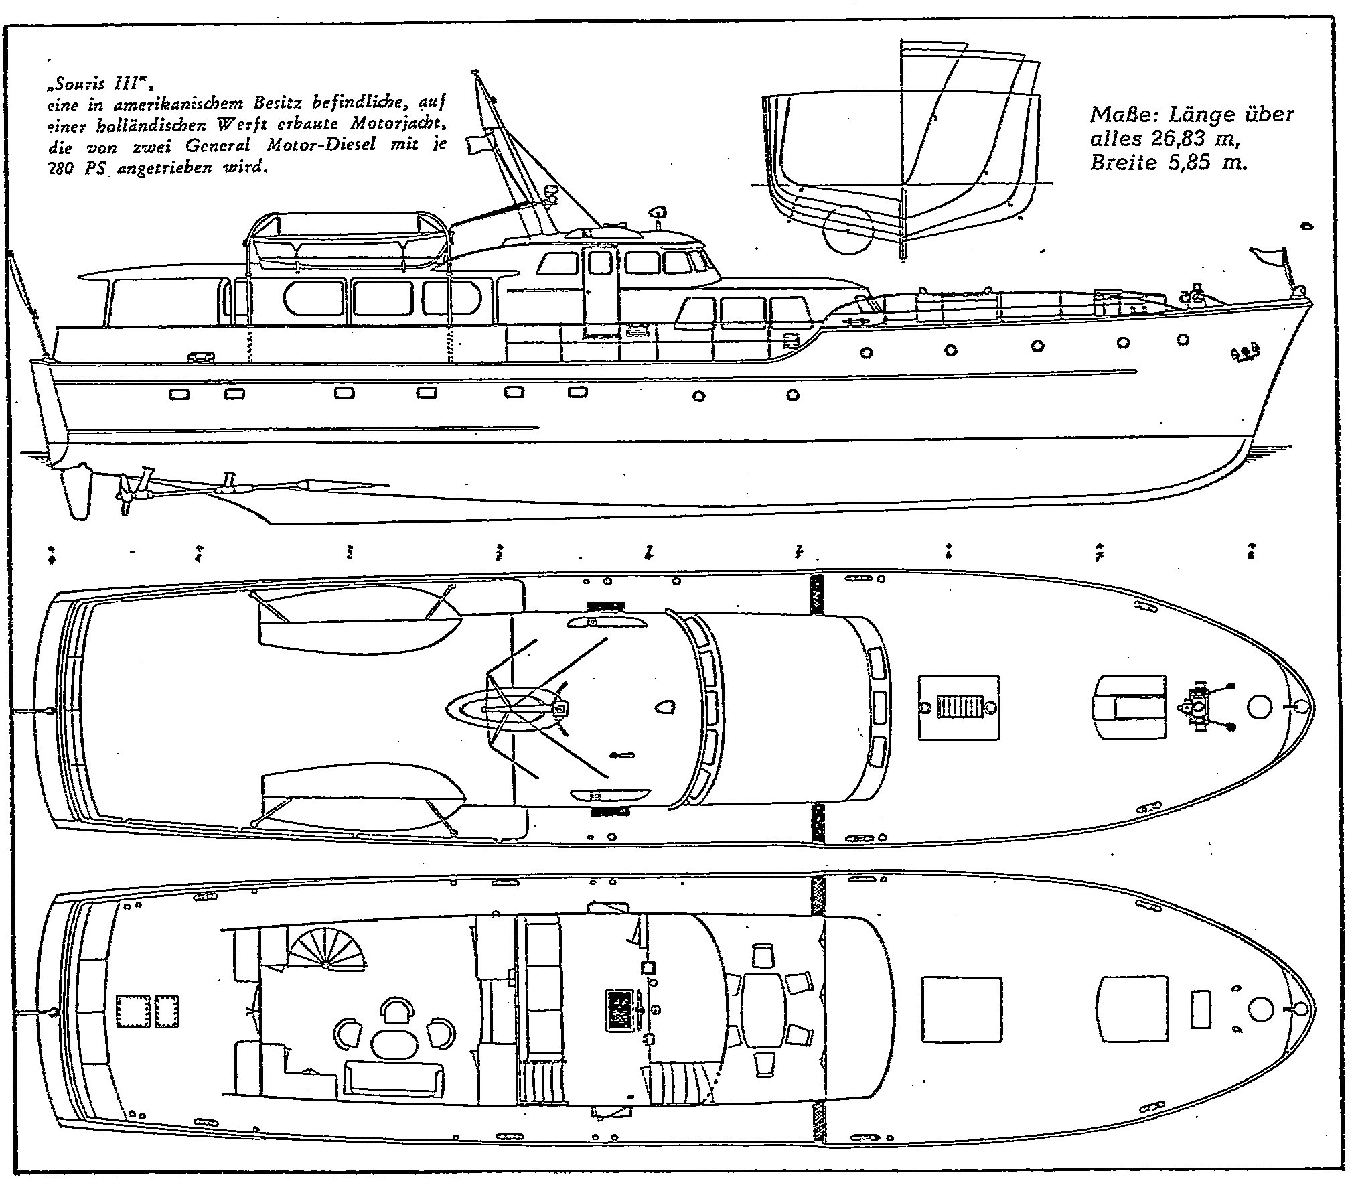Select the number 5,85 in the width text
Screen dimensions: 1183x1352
tap(1187, 163)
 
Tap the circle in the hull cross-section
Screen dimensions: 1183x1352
tap(848, 230)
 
